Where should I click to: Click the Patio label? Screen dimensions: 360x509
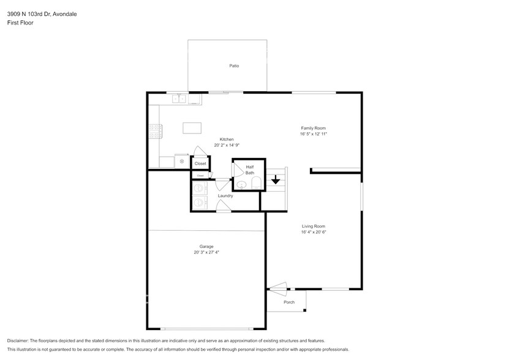(234, 66)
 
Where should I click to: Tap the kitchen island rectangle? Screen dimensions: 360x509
(192, 128)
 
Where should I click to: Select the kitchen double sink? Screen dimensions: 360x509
(179, 98)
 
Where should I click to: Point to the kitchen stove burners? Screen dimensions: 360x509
(154, 130)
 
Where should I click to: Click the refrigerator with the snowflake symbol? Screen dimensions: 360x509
(182, 161)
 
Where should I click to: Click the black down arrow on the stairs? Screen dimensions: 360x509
(276, 179)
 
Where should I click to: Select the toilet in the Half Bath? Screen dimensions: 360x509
(256, 182)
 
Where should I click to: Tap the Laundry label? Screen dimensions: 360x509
(225, 196)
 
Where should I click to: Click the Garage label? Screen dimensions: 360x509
(206, 246)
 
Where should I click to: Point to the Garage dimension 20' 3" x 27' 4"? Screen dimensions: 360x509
(206, 252)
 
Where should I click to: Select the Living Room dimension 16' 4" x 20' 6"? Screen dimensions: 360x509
(313, 232)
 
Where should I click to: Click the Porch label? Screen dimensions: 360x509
(289, 302)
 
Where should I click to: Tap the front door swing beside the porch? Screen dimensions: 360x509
(277, 286)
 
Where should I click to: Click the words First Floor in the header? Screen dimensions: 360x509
(20, 23)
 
